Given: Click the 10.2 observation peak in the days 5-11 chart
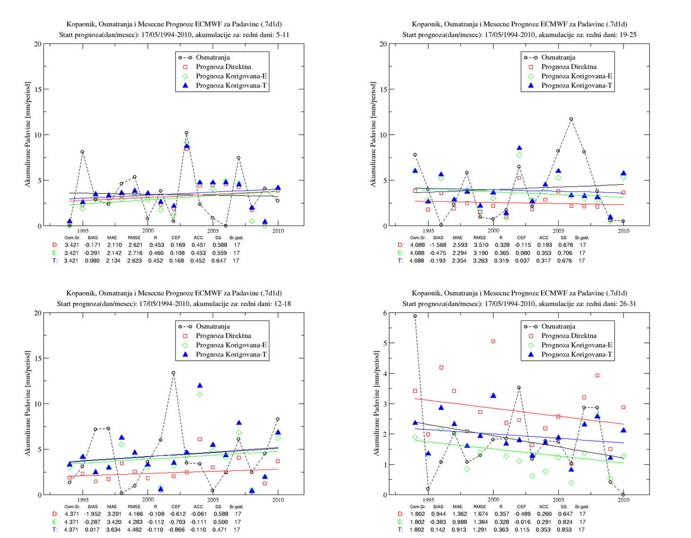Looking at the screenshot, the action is click(x=186, y=132).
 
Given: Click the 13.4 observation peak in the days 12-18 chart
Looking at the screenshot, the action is click(x=173, y=373).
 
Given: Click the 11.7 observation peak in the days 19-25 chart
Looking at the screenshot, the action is click(x=571, y=119).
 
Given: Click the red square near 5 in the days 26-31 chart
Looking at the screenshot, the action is click(x=493, y=341).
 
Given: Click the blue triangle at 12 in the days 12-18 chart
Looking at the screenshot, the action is click(x=200, y=385).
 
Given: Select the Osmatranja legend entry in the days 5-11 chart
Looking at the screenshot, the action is click(x=213, y=57).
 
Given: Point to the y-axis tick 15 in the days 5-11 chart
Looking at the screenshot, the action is click(x=38, y=89).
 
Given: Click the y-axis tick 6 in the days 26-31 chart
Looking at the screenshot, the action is click(x=385, y=313).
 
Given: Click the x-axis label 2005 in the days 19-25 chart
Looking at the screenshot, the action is click(x=558, y=231).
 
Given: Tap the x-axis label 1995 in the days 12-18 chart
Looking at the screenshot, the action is click(x=83, y=500).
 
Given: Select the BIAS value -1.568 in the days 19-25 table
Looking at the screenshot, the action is click(x=438, y=245).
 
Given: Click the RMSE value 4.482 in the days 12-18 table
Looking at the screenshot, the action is click(x=135, y=529).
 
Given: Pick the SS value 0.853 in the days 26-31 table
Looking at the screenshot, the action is click(x=564, y=529).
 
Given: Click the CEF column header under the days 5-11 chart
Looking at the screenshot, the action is click(x=176, y=237).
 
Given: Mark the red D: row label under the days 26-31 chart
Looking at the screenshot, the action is click(x=401, y=514).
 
